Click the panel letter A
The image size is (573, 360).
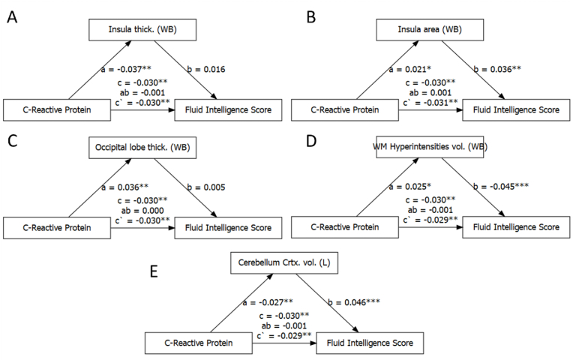(x=13, y=16)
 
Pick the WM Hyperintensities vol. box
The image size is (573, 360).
(x=431, y=147)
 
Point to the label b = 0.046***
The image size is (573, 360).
(x=355, y=303)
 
